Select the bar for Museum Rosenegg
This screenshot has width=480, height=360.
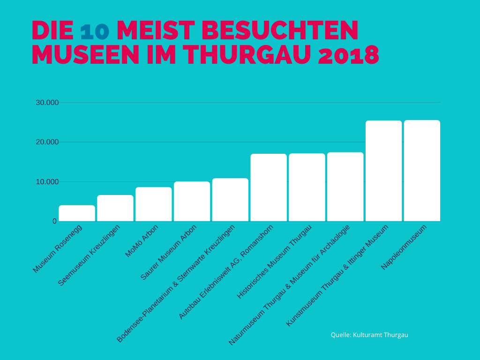[x=77, y=213]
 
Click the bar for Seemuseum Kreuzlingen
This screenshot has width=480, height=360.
[x=115, y=208]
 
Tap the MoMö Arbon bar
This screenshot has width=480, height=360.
[x=154, y=204]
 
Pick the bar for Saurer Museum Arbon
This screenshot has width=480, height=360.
[x=192, y=202]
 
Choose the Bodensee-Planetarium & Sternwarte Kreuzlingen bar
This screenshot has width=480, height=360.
[x=230, y=200]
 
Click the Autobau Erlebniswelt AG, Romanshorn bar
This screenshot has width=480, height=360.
[x=269, y=187]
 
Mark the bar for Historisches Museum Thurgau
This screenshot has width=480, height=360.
[x=307, y=187]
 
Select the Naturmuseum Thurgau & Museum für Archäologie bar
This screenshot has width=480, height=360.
[x=345, y=187]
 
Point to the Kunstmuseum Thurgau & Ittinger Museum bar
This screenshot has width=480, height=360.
[x=383, y=171]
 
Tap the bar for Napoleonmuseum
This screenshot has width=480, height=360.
[x=422, y=171]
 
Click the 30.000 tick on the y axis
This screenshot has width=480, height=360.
[x=47, y=103]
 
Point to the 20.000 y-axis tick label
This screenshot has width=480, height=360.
[x=47, y=142]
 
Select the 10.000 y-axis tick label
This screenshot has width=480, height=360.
[x=47, y=181]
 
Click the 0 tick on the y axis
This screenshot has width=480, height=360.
[x=54, y=221]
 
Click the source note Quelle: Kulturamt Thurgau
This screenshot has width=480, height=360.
[x=369, y=335]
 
